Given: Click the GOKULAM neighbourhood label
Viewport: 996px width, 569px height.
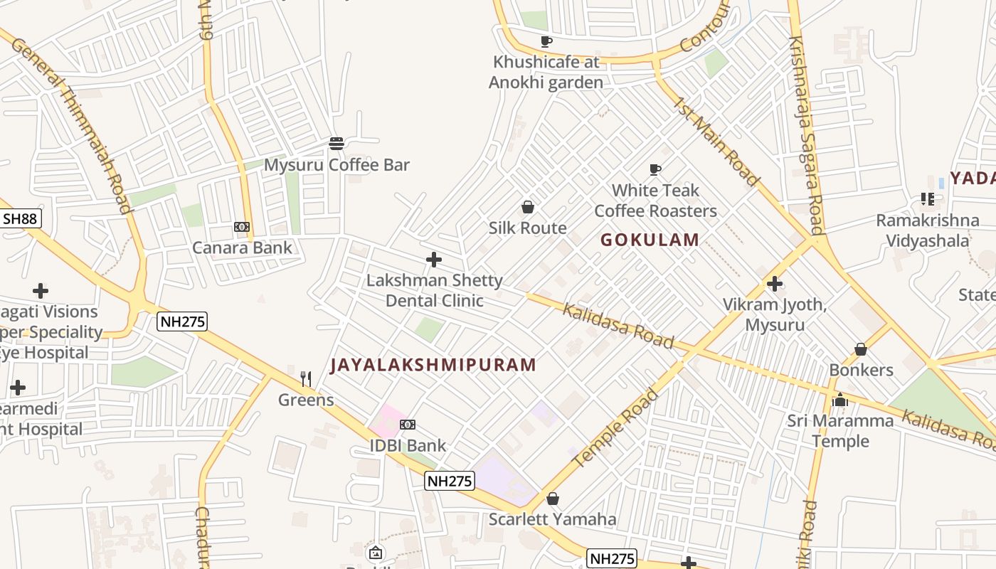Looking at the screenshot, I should click(x=650, y=240).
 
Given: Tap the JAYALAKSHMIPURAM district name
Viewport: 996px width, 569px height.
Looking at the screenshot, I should click(x=433, y=365).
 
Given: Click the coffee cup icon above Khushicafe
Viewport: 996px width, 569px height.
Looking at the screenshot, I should click(x=546, y=41).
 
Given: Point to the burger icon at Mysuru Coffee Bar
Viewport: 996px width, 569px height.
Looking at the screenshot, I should click(x=337, y=144).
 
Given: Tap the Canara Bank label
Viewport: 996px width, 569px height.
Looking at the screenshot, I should click(x=242, y=248).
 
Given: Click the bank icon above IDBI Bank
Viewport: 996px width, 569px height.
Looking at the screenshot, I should click(x=408, y=425).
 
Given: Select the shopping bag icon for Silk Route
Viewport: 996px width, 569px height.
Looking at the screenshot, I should click(x=528, y=207).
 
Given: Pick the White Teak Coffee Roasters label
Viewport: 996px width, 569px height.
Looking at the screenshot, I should click(x=655, y=201).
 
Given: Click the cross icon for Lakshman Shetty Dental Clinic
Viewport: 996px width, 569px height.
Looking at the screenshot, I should click(x=433, y=260).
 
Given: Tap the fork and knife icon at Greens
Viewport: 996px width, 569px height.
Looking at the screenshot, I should click(x=306, y=378).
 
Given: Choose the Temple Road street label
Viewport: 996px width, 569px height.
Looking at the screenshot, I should click(x=616, y=429).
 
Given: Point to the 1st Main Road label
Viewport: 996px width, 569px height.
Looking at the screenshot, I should click(x=716, y=142).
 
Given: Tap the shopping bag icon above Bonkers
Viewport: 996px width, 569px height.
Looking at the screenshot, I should click(x=861, y=349).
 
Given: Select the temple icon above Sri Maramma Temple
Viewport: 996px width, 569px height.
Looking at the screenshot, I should click(x=840, y=400).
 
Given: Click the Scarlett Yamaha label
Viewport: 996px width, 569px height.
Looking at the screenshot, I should click(x=552, y=519).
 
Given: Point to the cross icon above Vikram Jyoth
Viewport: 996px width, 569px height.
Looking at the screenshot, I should click(x=775, y=284).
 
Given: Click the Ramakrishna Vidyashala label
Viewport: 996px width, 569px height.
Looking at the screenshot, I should click(x=927, y=230).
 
